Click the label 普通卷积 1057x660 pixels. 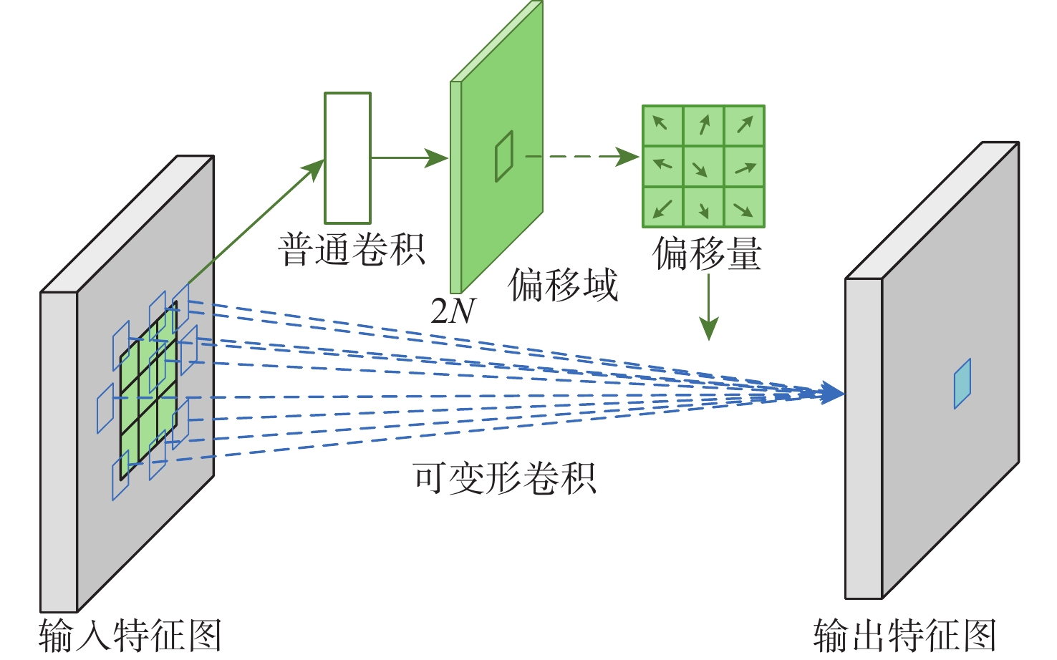(x=352, y=250)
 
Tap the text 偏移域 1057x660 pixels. (x=563, y=285)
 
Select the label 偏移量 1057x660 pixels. (x=707, y=254)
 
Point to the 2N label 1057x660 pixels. (x=453, y=311)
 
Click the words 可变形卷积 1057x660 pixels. (x=504, y=478)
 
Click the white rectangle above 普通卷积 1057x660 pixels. (x=347, y=158)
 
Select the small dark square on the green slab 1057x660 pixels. (x=504, y=155)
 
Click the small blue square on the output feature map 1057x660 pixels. (x=962, y=384)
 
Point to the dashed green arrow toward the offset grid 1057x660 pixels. (x=581, y=157)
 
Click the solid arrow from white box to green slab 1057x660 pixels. (x=409, y=157)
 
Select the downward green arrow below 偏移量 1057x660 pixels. (x=708, y=308)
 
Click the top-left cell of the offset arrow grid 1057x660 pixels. (x=662, y=125)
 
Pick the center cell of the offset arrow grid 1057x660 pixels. (x=703, y=166)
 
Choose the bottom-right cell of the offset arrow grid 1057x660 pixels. (x=744, y=207)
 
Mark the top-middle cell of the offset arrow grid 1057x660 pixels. (x=703, y=125)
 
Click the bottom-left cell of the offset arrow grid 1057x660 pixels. (x=662, y=207)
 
